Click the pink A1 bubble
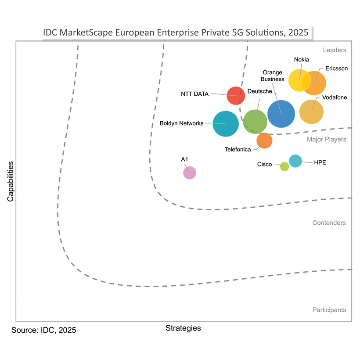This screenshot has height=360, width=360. (189, 173)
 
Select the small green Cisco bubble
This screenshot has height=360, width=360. (284, 166)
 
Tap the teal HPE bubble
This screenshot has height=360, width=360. (295, 161)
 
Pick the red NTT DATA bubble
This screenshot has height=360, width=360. (236, 96)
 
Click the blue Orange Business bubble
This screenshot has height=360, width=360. (281, 114)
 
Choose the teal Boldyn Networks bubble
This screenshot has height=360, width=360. (226, 124)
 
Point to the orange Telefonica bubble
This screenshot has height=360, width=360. (264, 140)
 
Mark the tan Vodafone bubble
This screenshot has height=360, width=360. (311, 112)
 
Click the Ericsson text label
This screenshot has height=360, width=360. (337, 68)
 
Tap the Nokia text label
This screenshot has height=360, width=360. (301, 60)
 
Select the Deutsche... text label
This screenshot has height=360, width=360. (263, 91)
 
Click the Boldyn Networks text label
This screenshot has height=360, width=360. (182, 123)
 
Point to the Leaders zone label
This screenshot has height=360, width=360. (335, 50)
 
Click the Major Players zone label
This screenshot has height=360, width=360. (326, 139)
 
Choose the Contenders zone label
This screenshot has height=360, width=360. (329, 223)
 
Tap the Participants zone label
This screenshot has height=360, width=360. (329, 310)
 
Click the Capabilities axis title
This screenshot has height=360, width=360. (11, 181)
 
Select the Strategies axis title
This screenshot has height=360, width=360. (183, 328)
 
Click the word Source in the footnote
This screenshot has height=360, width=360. (24, 330)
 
